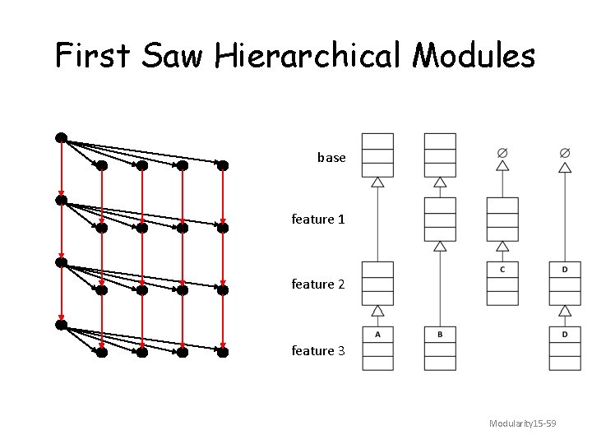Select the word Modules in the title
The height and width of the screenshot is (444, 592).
474,56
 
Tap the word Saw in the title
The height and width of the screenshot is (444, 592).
173,56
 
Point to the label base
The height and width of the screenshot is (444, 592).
331,157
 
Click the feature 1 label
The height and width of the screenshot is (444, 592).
318,220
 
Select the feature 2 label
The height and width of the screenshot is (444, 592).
318,284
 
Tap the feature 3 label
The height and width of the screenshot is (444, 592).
318,350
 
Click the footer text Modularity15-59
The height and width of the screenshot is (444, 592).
522,423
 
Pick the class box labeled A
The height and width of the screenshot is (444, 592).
378,348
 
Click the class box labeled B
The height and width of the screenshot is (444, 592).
440,348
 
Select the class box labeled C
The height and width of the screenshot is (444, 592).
502,283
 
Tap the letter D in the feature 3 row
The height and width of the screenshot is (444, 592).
565,334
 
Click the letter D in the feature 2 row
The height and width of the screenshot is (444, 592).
565,269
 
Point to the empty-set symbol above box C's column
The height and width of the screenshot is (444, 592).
502,152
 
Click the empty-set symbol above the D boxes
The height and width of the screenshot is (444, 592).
565,152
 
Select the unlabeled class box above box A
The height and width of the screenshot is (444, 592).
378,283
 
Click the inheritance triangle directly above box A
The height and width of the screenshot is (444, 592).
378,311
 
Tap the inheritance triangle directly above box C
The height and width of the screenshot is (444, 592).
502,246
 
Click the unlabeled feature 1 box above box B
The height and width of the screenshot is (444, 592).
440,219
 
